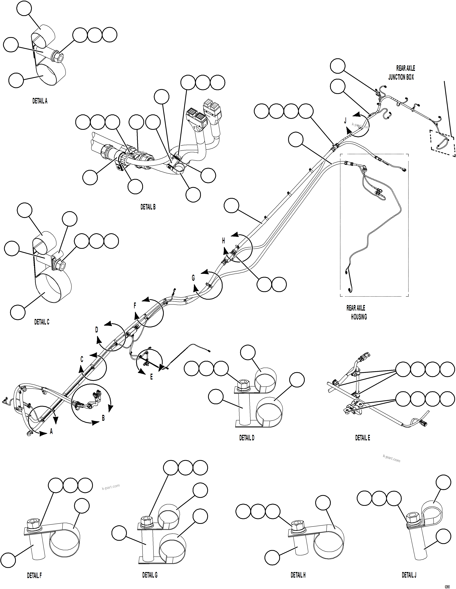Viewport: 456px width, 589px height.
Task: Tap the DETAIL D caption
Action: [x=247, y=438]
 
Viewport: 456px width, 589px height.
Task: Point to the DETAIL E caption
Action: [x=362, y=438]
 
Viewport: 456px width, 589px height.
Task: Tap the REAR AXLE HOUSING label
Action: [x=357, y=312]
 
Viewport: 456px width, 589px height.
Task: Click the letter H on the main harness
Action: [x=223, y=241]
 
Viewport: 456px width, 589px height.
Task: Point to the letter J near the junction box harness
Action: [x=345, y=121]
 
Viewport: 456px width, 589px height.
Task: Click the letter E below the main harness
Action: [x=151, y=377]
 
